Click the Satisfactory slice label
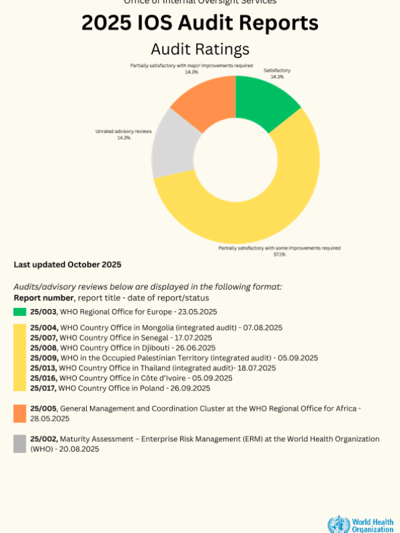click(273, 70)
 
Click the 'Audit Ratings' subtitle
click(200, 49)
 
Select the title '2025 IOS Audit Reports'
click(200, 23)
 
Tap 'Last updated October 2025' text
click(67, 265)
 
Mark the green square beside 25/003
click(20, 312)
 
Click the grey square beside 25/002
click(20, 444)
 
